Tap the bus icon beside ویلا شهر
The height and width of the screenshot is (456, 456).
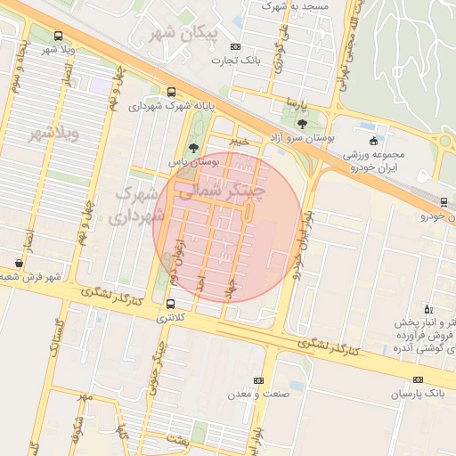click(x=58, y=37)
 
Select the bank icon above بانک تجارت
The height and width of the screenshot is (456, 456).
click(x=235, y=47)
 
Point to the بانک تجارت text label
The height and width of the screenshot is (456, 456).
click(x=234, y=61)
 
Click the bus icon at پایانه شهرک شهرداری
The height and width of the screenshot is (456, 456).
click(x=171, y=92)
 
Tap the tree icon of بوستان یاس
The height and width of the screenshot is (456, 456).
click(x=193, y=149)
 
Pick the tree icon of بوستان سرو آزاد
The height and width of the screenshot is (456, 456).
click(x=302, y=125)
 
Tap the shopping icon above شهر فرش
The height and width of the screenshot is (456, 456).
click(x=20, y=264)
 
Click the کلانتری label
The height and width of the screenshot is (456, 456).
click(x=172, y=317)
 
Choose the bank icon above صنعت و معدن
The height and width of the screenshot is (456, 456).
click(x=258, y=380)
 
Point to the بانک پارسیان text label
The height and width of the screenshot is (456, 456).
click(x=417, y=393)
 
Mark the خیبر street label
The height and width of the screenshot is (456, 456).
click(x=240, y=141)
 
